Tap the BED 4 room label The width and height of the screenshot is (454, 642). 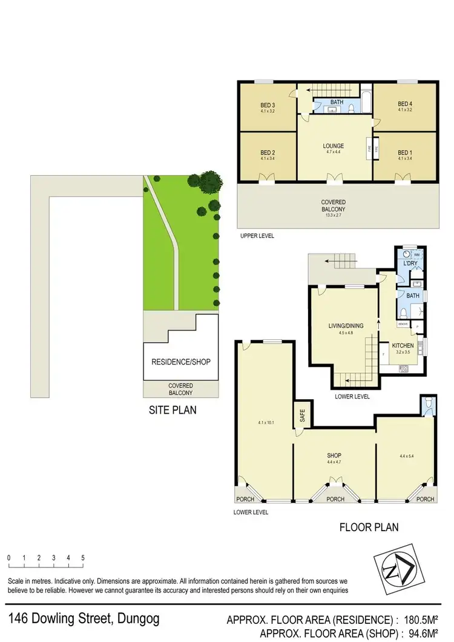click(404, 103)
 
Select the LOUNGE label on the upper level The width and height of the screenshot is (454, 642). click(334, 145)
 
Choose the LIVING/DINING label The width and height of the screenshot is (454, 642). click(346, 326)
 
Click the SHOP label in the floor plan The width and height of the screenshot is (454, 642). click(334, 455)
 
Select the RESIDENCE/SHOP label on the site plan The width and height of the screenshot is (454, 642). click(180, 362)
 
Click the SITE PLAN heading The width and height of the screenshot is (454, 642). click(173, 410)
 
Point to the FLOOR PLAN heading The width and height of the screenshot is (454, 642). click(368, 527)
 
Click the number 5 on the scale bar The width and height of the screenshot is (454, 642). click(82, 557)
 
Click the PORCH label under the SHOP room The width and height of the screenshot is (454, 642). click(335, 499)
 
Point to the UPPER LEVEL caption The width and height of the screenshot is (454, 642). click(257, 236)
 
